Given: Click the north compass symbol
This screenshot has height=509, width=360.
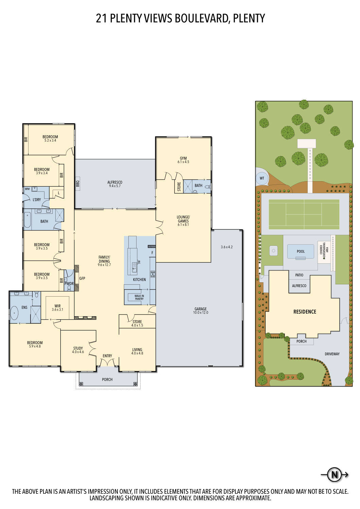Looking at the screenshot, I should click(335, 474).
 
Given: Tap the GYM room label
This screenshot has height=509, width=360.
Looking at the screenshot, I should click(183, 158).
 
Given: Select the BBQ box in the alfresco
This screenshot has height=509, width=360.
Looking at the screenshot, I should click(77, 184).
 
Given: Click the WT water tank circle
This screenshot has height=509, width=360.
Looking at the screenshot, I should click(262, 178).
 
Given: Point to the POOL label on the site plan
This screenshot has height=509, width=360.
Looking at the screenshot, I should click(301, 251).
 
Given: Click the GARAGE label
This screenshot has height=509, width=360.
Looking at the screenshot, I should click(200, 309).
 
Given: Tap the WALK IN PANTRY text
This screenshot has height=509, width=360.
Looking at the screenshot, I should click(139, 297).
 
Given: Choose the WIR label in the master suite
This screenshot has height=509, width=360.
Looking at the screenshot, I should click(57, 306).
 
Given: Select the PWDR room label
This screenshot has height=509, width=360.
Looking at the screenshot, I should click(69, 284).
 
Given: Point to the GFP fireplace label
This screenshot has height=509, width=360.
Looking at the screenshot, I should click(82, 278).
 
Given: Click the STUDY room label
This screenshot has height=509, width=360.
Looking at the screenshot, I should click(78, 348).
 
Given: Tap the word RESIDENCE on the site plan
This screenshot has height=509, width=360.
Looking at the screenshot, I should click(305, 312).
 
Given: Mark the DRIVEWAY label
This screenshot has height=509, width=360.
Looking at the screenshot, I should click(332, 354).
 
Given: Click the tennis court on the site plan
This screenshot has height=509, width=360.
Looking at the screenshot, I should click(304, 214).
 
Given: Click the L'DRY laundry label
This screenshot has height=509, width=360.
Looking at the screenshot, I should click(37, 200).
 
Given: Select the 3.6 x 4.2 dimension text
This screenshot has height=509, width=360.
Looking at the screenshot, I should click(227, 247).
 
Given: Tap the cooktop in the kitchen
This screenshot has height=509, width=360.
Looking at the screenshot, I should click(153, 274).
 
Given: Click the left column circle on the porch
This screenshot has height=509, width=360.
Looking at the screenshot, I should click(81, 384).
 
